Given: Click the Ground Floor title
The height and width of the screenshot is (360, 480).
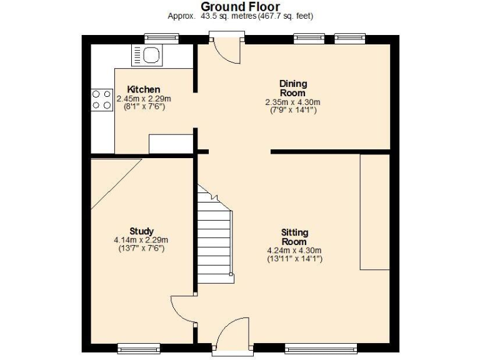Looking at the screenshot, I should tap(240, 6).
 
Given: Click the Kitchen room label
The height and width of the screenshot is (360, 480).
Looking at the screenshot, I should tap(144, 89).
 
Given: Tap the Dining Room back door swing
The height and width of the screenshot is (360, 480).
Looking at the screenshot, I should tap(227, 51).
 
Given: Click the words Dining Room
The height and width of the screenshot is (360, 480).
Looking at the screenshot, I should tap(293, 89).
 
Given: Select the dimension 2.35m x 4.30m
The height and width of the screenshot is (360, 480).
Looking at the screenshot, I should tap(292, 102).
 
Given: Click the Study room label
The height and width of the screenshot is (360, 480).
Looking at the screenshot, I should tap(142, 231).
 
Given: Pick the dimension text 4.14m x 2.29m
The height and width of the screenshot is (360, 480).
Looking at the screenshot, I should tap(141, 239).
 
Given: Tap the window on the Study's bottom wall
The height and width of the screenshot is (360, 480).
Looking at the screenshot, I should tap(138, 347).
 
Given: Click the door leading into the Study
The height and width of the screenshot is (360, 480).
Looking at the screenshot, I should tap(182, 310).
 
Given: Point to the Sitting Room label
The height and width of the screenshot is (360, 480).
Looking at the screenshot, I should tap(294, 237).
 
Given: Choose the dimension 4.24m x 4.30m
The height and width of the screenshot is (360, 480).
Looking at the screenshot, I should tap(294, 250).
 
